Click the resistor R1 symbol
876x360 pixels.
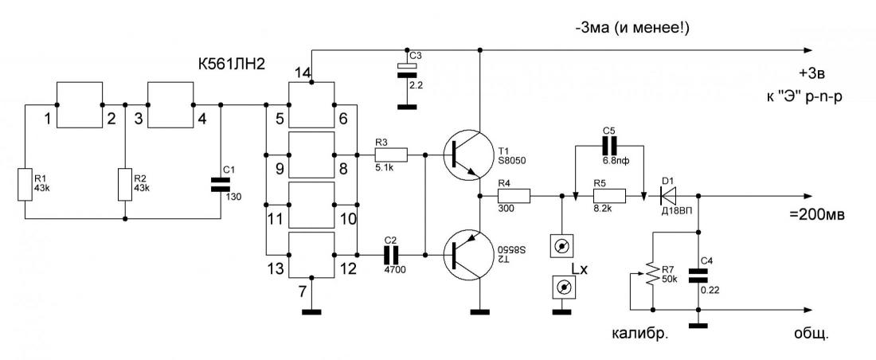[25, 185]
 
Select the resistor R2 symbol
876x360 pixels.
[124, 185]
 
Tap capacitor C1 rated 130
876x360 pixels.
[221, 185]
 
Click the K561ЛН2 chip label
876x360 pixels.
[231, 65]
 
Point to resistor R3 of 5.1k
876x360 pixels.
[391, 155]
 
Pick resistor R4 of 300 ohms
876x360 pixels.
[514, 196]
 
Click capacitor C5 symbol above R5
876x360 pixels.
[608, 147]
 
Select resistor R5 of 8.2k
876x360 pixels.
[609, 196]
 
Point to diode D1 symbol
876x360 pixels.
[668, 196]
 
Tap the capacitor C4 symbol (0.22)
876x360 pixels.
[698, 275]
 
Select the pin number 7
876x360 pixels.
[303, 292]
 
